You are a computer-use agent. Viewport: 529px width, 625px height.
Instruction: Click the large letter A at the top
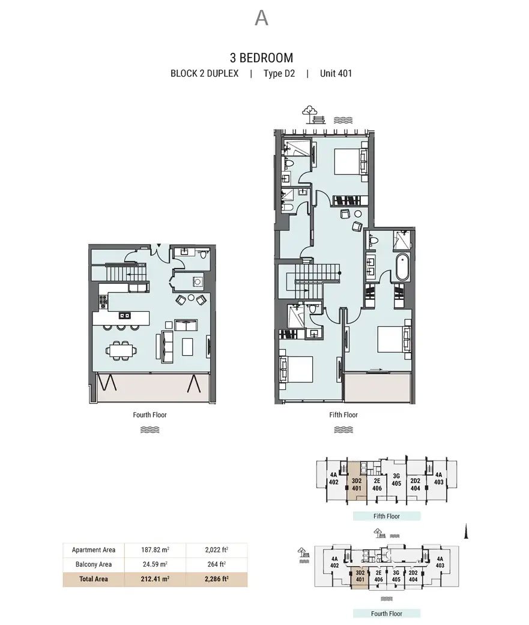tap(261, 18)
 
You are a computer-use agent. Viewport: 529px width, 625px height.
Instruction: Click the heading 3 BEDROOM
tap(261, 58)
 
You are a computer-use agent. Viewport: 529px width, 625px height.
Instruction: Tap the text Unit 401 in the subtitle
tap(336, 73)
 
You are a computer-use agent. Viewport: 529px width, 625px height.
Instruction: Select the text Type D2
tap(279, 74)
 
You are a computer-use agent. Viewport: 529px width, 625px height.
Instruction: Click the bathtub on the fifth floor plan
tap(402, 267)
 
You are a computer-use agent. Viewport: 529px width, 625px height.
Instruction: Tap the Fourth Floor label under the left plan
tap(150, 415)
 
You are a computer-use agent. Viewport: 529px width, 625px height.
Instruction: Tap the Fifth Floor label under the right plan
tap(343, 415)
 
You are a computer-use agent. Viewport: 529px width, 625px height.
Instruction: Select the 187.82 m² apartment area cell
tap(155, 549)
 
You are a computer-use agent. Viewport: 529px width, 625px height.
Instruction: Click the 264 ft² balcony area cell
tap(217, 564)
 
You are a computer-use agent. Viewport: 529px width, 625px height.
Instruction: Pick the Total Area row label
tap(93, 579)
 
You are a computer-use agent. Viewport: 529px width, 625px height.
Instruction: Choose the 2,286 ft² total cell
tap(217, 579)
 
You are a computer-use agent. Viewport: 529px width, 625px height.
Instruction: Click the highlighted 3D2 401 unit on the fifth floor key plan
tap(357, 484)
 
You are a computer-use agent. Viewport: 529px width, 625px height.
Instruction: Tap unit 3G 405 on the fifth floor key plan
tap(396, 480)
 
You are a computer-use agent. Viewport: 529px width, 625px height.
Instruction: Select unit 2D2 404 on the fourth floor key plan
tap(413, 576)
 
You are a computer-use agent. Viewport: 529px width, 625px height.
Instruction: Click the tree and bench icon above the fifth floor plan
tap(313, 115)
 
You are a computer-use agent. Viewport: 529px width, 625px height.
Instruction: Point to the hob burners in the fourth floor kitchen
tap(103, 301)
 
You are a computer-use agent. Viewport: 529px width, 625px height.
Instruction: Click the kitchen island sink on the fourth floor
tap(124, 315)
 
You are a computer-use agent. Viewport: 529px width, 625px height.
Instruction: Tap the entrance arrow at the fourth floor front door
tap(159, 246)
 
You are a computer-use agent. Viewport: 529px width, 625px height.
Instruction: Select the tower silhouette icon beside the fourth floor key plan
tap(465, 531)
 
